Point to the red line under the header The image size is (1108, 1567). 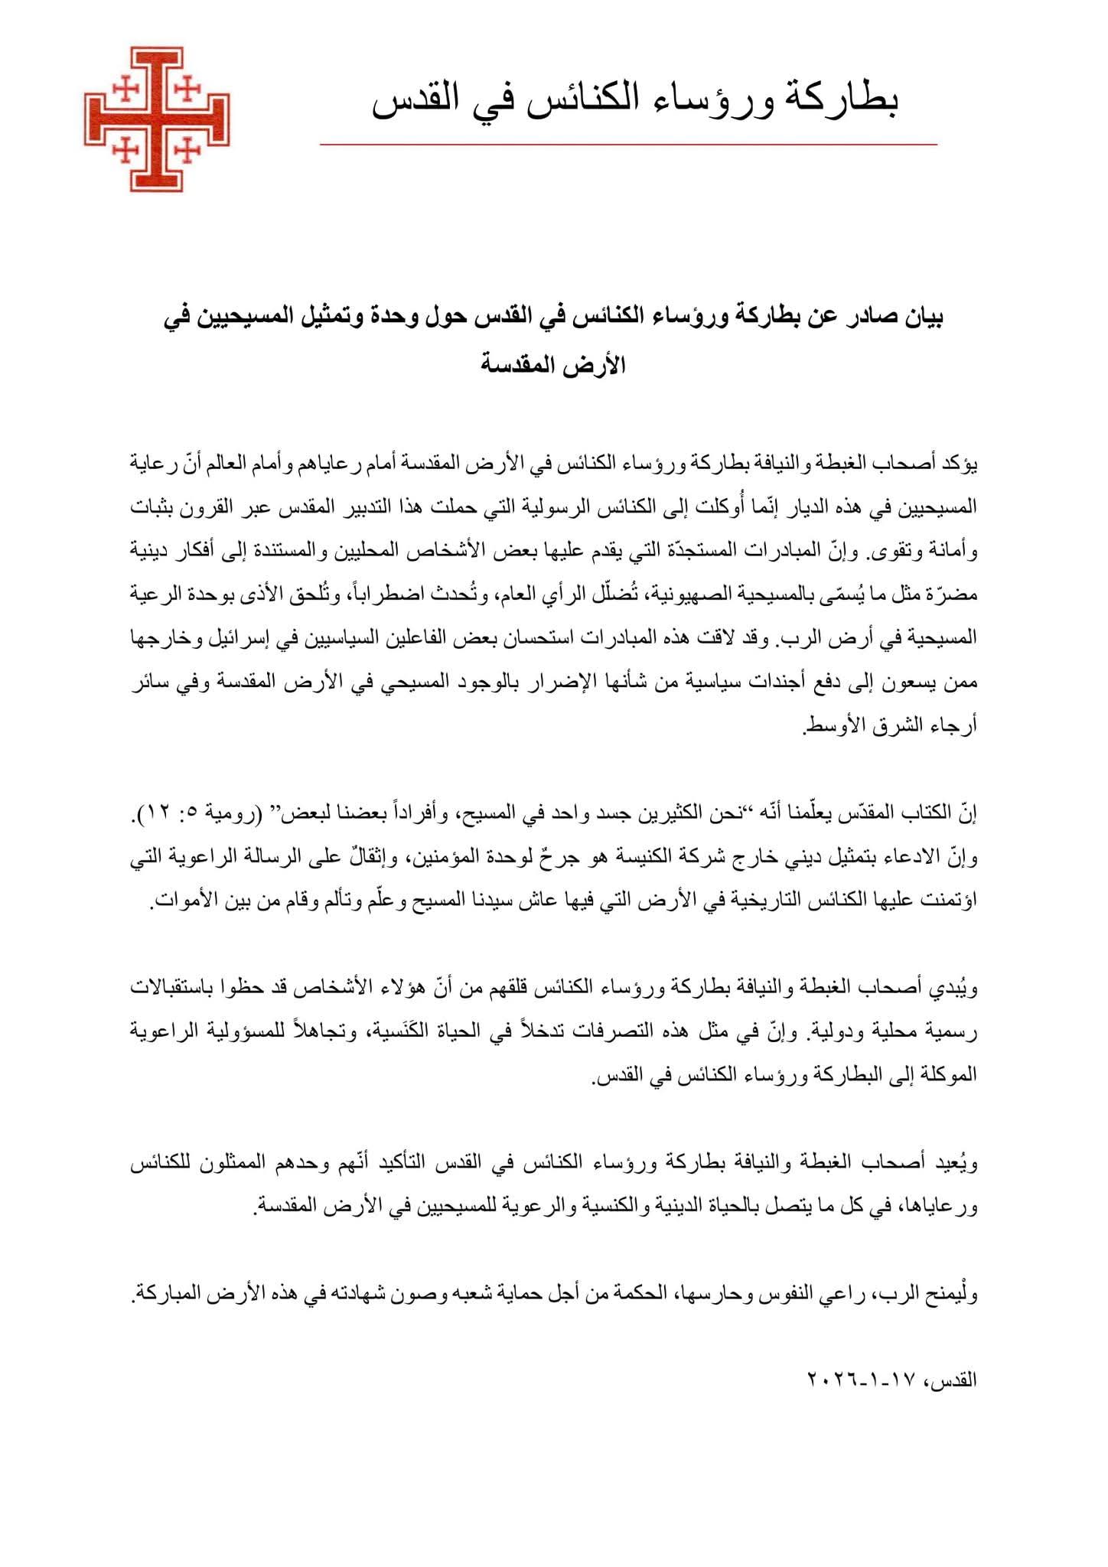tap(627, 144)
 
